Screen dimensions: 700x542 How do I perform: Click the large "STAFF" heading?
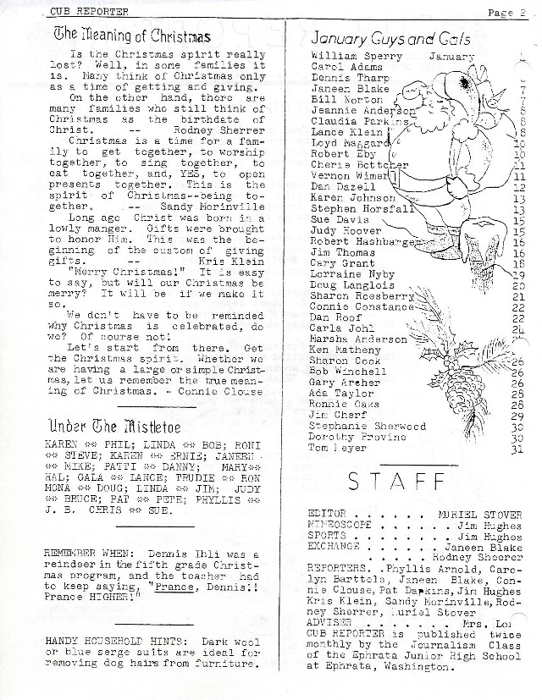coord(397,481)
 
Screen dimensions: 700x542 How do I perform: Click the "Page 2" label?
coord(507,12)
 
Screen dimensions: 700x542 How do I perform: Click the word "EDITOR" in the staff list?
coord(327,514)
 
